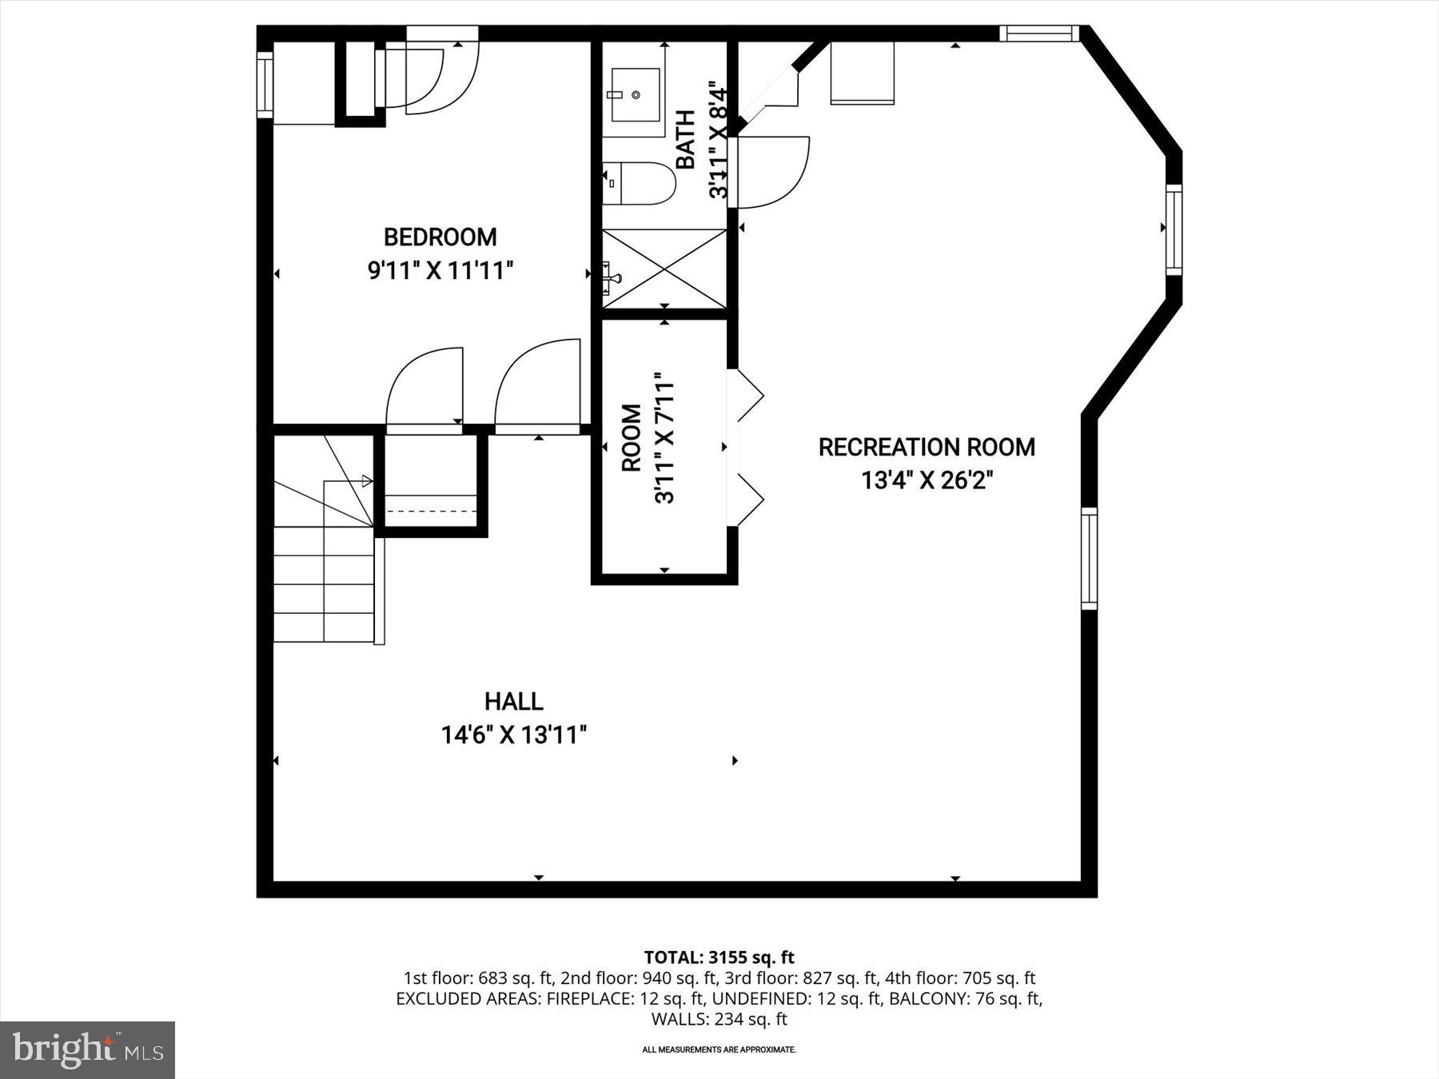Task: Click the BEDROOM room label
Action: coord(440,237)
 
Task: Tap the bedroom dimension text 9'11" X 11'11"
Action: coord(440,271)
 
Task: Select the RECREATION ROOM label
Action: coord(927,447)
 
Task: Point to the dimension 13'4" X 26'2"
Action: coord(927,480)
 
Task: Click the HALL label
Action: coord(513,702)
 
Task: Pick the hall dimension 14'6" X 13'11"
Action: coord(513,735)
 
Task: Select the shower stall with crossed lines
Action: coord(664,269)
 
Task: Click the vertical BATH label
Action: coord(686,140)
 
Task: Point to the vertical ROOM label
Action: coord(632,438)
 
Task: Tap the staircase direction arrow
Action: coord(366,480)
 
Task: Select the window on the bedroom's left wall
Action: coord(265,84)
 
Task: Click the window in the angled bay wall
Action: coord(1173,229)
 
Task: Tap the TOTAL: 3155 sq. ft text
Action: coord(719,957)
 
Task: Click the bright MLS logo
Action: coord(87,1049)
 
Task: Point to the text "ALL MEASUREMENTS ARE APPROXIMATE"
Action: coord(719,1049)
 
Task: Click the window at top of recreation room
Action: coord(1038,33)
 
